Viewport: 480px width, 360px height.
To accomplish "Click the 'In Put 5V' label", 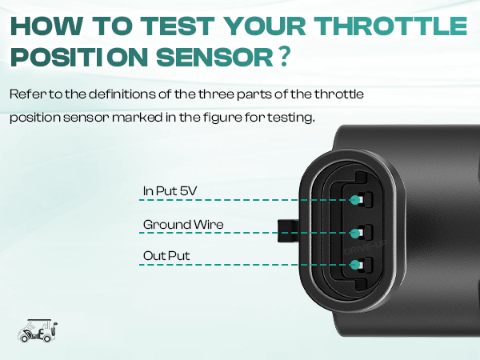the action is [x=170, y=191].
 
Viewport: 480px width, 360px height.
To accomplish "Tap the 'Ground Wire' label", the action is [x=183, y=225].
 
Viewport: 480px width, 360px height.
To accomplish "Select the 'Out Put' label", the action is [x=166, y=256].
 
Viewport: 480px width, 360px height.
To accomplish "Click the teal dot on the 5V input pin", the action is [x=355, y=200].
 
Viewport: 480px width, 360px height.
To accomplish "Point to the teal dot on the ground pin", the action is [x=355, y=234].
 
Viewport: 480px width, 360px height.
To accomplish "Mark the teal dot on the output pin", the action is [x=355, y=265].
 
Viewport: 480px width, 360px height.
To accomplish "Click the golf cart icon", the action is [x=38, y=331].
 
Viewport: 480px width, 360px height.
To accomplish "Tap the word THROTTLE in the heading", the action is [x=390, y=26].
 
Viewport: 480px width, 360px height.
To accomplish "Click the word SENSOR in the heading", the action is [x=214, y=58].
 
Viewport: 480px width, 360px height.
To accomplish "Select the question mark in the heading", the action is [x=284, y=57].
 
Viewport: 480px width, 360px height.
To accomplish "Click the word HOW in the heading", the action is [x=47, y=26].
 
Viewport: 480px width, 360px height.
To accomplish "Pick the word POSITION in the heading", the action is [x=79, y=58].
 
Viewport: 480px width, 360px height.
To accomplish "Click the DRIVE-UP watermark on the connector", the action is [x=366, y=247].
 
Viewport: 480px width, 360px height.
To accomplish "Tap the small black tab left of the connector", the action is [x=288, y=231].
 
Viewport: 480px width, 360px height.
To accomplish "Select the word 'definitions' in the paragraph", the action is [x=122, y=94].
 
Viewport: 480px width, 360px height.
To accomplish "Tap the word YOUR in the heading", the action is [x=265, y=26].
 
